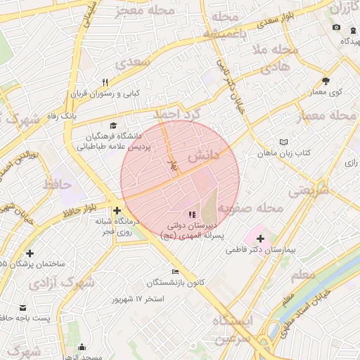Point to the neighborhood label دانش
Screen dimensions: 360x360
pos(204,153)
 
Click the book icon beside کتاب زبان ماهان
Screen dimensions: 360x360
pos(283,141)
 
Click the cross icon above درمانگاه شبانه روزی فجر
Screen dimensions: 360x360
pos(117,210)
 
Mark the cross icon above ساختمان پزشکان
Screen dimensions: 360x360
pos(30,253)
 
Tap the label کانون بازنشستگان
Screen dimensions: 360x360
pos(176,282)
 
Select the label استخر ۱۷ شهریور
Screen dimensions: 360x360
pos(138,299)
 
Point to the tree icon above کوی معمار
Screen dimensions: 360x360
pos(325,81)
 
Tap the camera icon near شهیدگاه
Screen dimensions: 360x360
pos(336,27)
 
